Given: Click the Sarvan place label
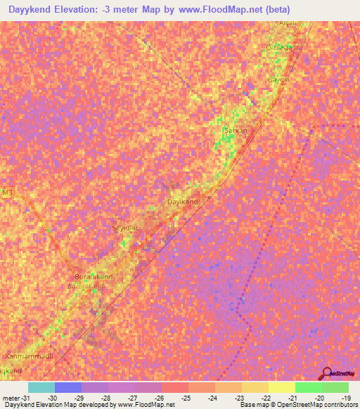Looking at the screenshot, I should [235, 131].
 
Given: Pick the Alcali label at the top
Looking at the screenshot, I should [288, 23].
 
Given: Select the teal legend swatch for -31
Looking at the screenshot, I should [41, 387].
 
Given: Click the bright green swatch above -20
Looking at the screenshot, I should [308, 387].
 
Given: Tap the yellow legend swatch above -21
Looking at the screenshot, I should [281, 387].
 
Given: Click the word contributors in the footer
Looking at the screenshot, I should [338, 405].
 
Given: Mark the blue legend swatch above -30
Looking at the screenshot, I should [67, 387].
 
